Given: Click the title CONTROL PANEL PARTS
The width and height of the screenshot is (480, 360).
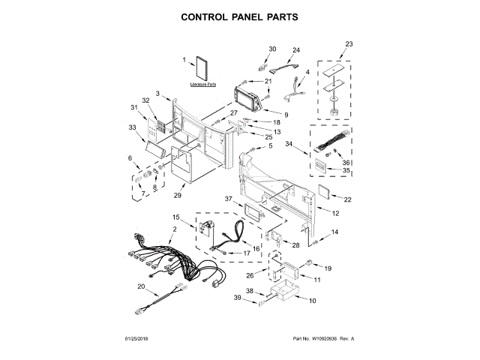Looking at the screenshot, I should click(x=240, y=15).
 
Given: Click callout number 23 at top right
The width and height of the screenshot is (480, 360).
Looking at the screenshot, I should click(x=348, y=43).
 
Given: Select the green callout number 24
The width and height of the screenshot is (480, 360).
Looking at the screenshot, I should click(x=295, y=49).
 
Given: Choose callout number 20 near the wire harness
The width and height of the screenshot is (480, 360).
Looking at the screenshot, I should click(x=139, y=285).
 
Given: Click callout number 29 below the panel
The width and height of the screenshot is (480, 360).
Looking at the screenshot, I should click(x=178, y=196).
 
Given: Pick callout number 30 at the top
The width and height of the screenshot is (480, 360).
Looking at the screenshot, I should click(x=272, y=49).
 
